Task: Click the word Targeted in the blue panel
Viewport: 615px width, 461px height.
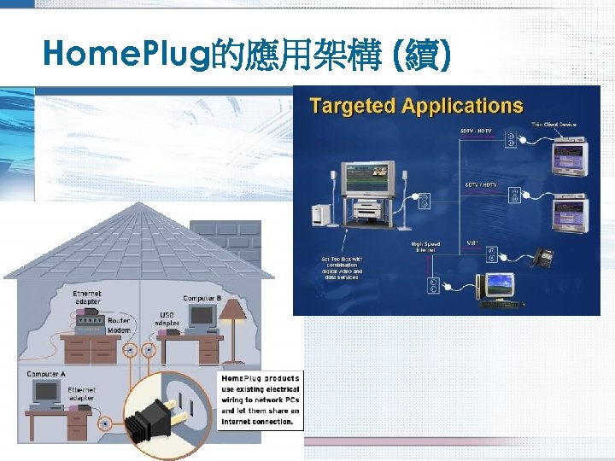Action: click(352, 106)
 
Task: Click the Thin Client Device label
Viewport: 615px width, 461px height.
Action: click(553, 125)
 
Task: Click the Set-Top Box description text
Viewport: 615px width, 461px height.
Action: click(341, 267)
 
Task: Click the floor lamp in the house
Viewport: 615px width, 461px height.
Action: click(232, 324)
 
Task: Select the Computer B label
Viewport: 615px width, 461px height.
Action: click(202, 299)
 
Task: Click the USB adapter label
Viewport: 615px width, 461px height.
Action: click(167, 318)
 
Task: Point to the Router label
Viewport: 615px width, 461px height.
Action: click(118, 320)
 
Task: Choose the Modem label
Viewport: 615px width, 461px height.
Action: click(118, 329)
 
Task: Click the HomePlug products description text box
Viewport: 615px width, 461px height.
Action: click(260, 400)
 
